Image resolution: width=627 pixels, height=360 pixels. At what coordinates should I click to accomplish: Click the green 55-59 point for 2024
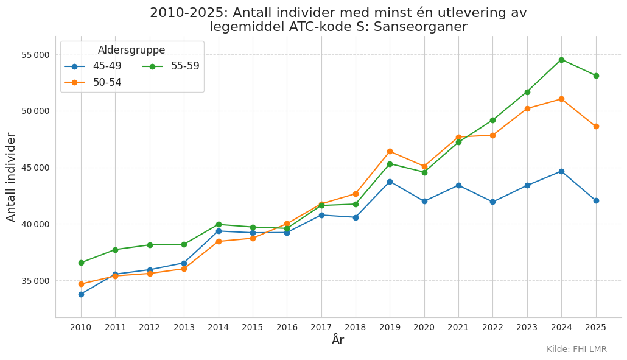pos(561,60)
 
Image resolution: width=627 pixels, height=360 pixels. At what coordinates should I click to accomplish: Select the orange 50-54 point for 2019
pos(390,151)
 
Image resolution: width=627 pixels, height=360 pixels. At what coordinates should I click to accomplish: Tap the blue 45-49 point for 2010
pos(81,294)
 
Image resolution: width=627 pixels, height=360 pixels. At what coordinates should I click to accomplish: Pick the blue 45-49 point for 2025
pos(596,201)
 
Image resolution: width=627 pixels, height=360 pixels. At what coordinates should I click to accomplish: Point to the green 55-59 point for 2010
pos(81,263)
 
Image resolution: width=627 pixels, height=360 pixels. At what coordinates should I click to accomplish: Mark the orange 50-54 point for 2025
pos(596,127)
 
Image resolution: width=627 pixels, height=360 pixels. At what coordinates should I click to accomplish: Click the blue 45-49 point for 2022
pos(492,202)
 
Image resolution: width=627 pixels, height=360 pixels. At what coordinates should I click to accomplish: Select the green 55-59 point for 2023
pos(527,92)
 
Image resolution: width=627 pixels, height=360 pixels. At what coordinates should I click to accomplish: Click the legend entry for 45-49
pos(93,66)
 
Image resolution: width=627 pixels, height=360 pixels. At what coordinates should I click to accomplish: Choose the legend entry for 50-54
pos(93,82)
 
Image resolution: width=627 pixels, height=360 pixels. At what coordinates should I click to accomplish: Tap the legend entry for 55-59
pos(170,66)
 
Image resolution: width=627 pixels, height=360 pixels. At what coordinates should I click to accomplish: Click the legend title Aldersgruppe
pos(131,50)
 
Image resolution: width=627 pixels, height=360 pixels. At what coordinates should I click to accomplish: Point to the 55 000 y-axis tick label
pos(35,55)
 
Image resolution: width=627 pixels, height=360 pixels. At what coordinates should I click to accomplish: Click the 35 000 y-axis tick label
pos(35,281)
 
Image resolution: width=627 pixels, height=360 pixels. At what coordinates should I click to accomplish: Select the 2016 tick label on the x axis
pos(287,328)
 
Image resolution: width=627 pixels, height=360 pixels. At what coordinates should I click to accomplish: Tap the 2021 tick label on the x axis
pos(458,328)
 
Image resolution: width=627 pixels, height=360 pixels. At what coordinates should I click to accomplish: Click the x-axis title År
pos(338,340)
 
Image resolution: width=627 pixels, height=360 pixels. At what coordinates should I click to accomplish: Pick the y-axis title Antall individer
pos(11,177)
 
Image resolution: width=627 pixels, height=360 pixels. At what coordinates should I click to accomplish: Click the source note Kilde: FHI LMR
pos(576,349)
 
